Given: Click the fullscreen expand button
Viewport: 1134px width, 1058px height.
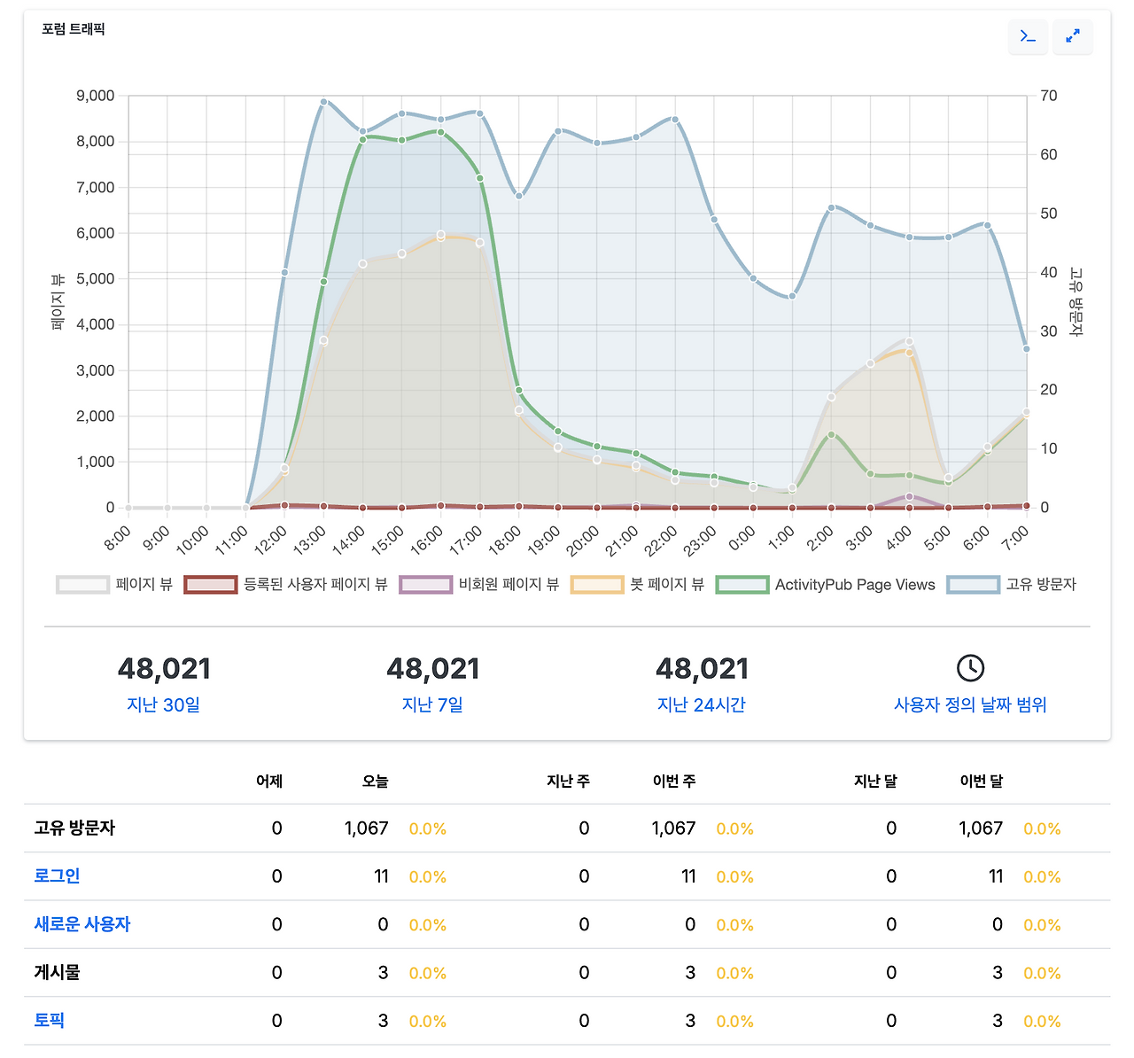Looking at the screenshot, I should pos(1072,36).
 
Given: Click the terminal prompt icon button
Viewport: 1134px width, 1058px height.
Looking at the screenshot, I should pos(1028,36).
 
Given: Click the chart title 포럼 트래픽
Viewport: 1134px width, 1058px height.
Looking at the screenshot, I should pos(74,29).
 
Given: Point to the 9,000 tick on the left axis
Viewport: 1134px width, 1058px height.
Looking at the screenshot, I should pos(96,96).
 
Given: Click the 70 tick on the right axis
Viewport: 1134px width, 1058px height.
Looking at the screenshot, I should pos(1048,96).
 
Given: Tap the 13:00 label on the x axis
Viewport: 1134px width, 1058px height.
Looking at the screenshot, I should pos(310,539).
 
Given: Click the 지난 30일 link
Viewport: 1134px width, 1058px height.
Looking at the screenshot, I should pos(164,704).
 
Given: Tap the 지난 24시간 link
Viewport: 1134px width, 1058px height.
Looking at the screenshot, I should pos(702,704).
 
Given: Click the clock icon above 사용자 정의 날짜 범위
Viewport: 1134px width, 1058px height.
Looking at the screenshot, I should pos(970,668).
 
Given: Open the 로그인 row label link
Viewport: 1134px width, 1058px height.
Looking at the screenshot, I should pos(57,876).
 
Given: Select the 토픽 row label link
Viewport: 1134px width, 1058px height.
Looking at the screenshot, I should pos(50,1020).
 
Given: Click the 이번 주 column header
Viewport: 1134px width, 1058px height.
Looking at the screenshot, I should pos(674,782).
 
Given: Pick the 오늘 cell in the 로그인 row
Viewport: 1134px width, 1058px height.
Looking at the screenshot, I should pos(381,876).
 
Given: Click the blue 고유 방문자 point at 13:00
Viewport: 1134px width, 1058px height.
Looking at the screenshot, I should pos(324,102).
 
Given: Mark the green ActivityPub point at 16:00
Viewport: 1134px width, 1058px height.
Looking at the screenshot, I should pos(440,132).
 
